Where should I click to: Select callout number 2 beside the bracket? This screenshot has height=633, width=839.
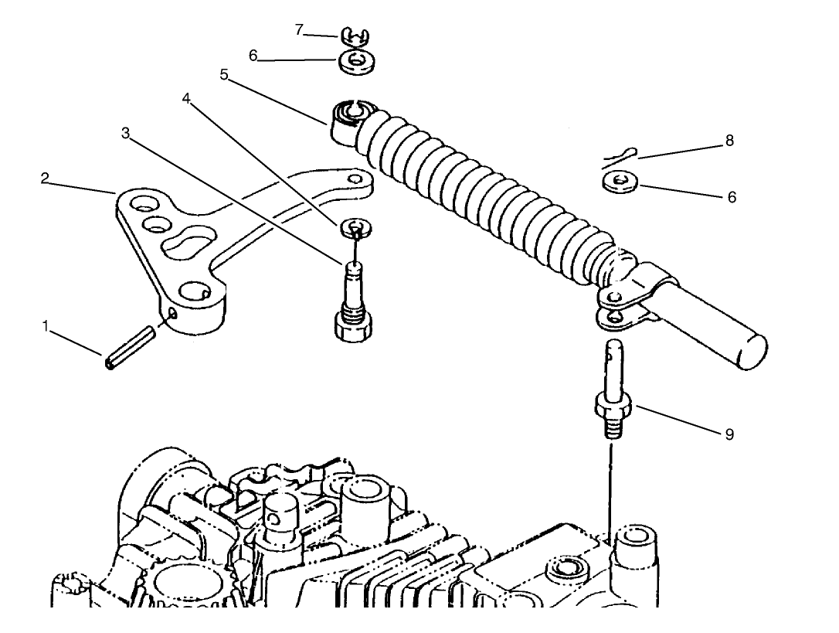45,179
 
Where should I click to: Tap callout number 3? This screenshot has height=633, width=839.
126,133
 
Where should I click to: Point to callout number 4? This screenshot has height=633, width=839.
186,98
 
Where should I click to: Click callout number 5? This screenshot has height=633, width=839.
224,75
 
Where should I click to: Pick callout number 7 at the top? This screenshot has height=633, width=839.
299,30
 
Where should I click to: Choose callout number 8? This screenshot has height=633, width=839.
729,141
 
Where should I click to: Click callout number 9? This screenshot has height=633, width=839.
729,434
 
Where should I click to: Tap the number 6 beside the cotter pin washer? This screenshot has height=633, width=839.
732,197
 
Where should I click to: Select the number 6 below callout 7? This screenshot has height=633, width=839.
253,56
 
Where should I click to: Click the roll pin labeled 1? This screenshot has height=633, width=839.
130,350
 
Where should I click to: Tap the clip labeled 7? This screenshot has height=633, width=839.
355,35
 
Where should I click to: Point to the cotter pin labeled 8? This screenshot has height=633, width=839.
618,157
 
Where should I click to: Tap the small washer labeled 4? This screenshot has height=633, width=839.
355,227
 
